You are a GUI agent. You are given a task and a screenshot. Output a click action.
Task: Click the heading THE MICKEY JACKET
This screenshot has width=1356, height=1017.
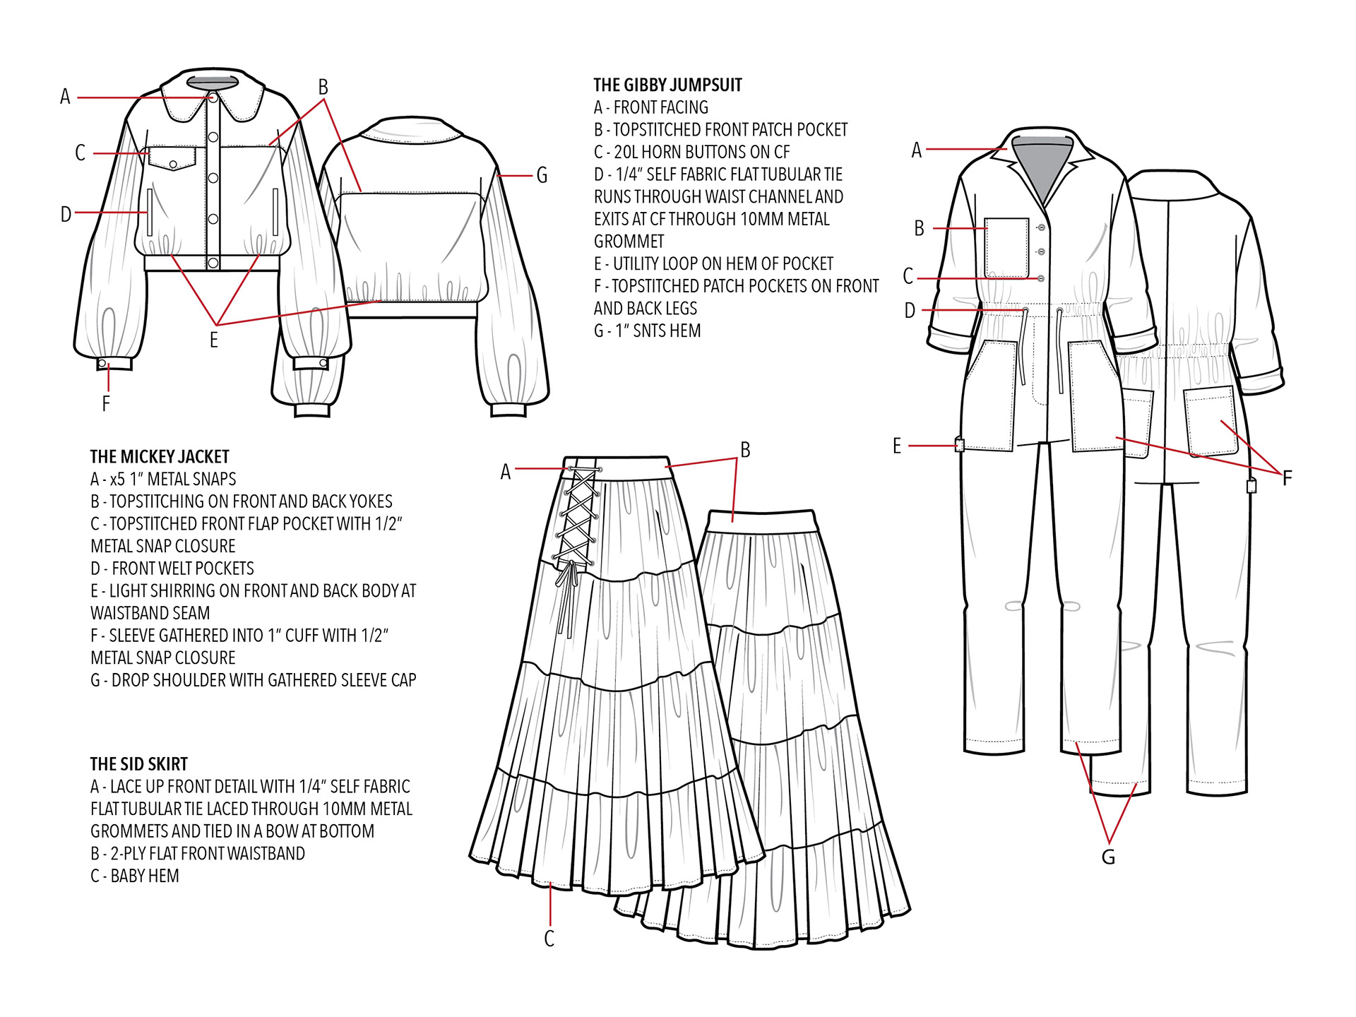[x=160, y=457]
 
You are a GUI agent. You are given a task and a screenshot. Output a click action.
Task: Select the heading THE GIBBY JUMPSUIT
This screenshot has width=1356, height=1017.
[x=667, y=85]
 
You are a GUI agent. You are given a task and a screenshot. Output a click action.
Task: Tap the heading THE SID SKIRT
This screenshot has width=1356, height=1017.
[x=139, y=764]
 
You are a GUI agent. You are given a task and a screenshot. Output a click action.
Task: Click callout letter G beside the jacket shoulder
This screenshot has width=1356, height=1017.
[x=542, y=175]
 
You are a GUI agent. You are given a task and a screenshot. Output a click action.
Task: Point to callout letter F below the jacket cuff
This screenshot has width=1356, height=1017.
[x=106, y=403]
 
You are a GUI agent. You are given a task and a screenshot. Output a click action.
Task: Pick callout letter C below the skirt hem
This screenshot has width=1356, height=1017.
[x=549, y=939]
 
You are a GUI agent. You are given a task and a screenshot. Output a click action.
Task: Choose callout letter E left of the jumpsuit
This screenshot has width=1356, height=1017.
[x=897, y=446]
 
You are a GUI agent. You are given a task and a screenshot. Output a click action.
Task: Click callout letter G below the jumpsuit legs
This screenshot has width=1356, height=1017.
[x=1108, y=857]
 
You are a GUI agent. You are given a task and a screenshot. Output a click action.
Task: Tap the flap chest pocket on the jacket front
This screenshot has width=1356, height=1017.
[x=172, y=159]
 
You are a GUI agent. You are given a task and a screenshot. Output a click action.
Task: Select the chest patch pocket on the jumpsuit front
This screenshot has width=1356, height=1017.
[x=1007, y=247]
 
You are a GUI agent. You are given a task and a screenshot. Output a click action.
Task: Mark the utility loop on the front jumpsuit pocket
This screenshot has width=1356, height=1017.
[x=959, y=445]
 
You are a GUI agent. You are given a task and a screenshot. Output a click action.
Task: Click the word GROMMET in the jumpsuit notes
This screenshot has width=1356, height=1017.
[x=629, y=242]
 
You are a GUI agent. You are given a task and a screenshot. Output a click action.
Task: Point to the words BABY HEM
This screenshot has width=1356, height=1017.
[x=145, y=876]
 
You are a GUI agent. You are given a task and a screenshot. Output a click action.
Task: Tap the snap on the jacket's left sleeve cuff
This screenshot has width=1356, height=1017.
[x=102, y=364]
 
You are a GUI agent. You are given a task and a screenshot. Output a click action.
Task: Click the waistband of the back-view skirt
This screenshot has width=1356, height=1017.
[x=763, y=521]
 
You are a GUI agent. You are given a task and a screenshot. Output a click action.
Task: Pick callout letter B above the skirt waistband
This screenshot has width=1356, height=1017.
[x=745, y=450]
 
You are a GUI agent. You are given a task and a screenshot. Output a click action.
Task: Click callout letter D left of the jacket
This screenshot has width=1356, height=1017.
[x=66, y=214]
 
